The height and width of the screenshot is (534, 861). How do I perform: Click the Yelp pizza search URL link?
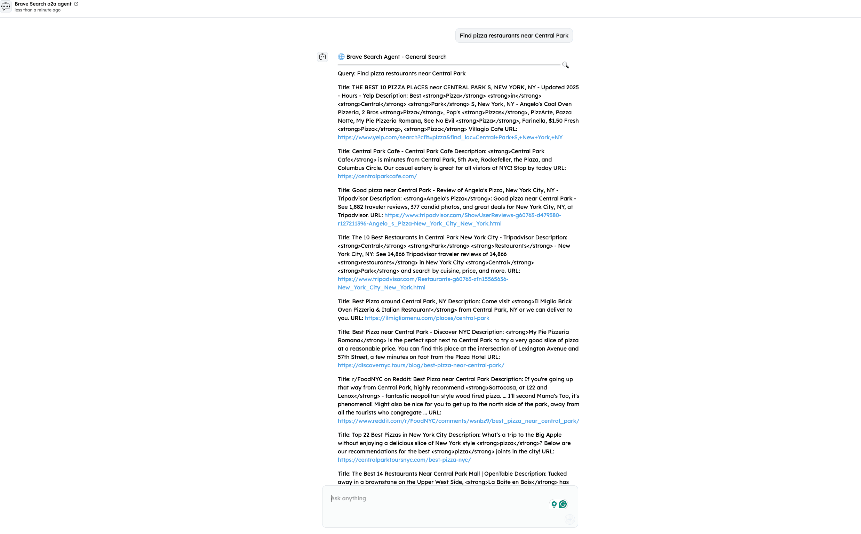pyautogui.click(x=450, y=137)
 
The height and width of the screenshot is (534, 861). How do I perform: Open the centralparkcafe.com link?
pyautogui.click(x=377, y=176)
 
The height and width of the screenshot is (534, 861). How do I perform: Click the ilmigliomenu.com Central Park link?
pyautogui.click(x=427, y=318)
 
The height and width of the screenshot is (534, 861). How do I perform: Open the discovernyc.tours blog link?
pyautogui.click(x=421, y=365)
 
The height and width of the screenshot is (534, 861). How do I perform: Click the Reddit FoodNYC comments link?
pyautogui.click(x=458, y=421)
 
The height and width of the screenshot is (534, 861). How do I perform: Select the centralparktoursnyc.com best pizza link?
pyautogui.click(x=404, y=460)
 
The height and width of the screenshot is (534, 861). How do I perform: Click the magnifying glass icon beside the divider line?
pyautogui.click(x=565, y=65)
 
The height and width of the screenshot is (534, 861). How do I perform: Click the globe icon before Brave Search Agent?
pyautogui.click(x=341, y=57)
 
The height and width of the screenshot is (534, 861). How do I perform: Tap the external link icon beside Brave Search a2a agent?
pyautogui.click(x=76, y=4)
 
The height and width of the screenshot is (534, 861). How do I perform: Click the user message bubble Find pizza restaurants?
pyautogui.click(x=514, y=36)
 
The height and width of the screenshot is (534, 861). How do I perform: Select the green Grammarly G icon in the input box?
pyautogui.click(x=563, y=504)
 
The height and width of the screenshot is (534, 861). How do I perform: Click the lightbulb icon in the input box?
pyautogui.click(x=554, y=504)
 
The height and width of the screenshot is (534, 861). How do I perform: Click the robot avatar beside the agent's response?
pyautogui.click(x=322, y=57)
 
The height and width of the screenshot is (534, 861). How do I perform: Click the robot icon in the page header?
pyautogui.click(x=6, y=6)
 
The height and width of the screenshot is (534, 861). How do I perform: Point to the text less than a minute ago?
pyautogui.click(x=38, y=10)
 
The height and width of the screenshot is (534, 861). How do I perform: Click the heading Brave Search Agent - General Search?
pyautogui.click(x=396, y=57)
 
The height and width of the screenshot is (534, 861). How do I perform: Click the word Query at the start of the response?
pyautogui.click(x=346, y=73)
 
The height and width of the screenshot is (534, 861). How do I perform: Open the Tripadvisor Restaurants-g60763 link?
pyautogui.click(x=423, y=279)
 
